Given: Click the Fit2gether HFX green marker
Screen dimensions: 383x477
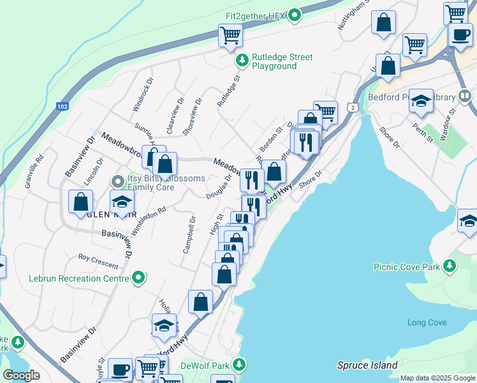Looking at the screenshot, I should point(294,15).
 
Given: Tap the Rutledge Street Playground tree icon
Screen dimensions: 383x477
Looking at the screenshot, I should point(242,61).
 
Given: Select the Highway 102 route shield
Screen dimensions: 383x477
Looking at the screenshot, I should point(62,106).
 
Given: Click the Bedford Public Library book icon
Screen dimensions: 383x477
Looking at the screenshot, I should point(465,97).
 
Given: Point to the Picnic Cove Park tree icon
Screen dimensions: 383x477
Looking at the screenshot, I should point(450,265).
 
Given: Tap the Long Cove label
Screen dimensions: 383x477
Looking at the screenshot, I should point(427,322).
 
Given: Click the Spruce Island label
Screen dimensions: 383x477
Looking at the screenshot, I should point(367,366).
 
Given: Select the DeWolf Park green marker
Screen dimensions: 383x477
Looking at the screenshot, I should point(239,364).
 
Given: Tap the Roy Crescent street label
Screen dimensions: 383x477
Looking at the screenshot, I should point(98,261).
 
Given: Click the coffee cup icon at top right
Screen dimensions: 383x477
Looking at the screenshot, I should point(460,34).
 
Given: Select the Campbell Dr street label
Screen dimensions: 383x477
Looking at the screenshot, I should point(189,234).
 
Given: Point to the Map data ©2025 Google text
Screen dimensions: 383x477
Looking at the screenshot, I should point(437,378).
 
